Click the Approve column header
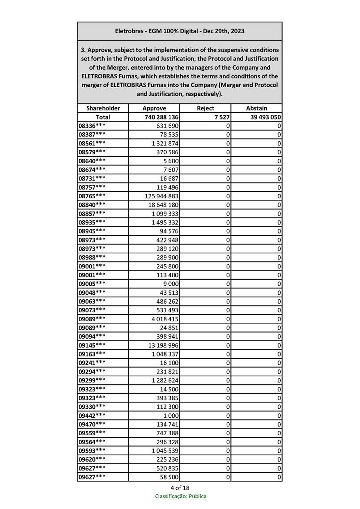(x=154, y=108)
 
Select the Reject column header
(x=205, y=108)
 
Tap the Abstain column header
(x=257, y=108)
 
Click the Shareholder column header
(x=103, y=108)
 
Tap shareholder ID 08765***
(x=92, y=196)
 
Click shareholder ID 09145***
(x=92, y=345)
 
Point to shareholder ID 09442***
(x=92, y=415)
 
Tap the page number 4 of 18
(x=180, y=488)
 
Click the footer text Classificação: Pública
(x=181, y=496)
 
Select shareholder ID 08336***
(x=92, y=126)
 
